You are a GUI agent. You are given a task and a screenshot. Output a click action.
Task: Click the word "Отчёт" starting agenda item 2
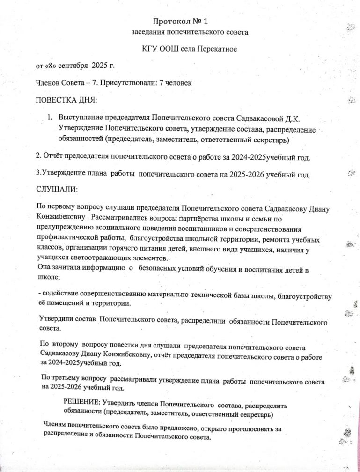(x=53, y=157)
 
